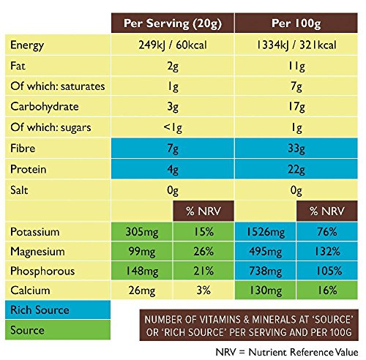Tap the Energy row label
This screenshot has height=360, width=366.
coord(28,46)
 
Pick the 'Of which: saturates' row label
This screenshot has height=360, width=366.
coord(58,87)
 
